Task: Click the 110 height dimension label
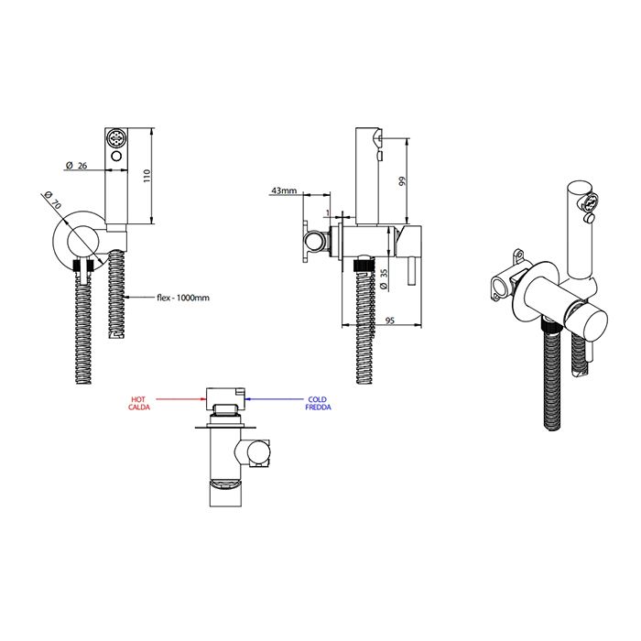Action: point(147,176)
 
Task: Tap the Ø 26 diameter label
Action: point(76,165)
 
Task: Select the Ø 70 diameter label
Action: point(53,199)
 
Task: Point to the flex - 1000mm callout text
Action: point(183,298)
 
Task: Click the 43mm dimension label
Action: point(284,190)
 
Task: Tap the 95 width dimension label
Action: point(389,320)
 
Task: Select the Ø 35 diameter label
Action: point(384,278)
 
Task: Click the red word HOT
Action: point(138,399)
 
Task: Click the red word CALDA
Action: point(139,407)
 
